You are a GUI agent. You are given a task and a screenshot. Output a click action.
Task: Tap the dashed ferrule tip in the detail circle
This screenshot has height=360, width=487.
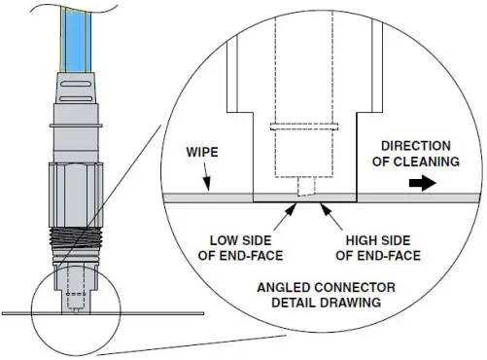tap(307, 185)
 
